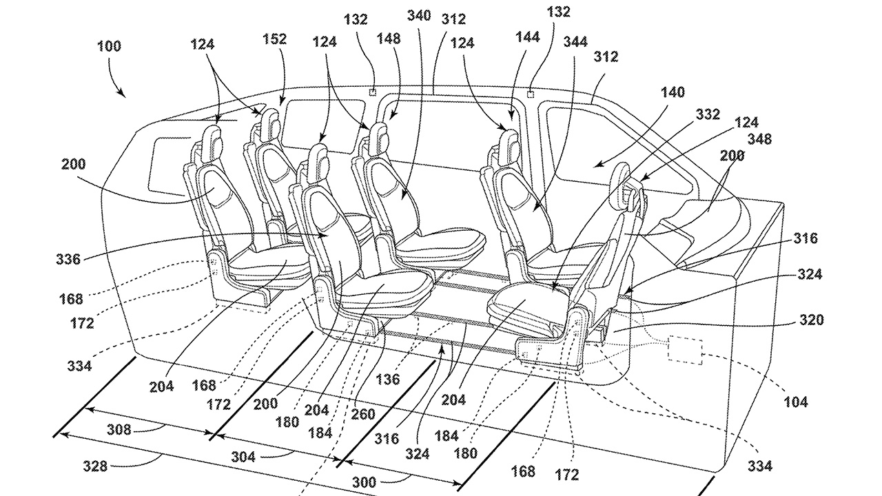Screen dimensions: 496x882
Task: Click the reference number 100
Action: click(110, 47)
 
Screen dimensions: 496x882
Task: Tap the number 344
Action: click(575, 42)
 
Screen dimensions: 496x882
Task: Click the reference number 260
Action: click(363, 415)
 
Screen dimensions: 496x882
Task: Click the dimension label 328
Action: click(95, 466)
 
